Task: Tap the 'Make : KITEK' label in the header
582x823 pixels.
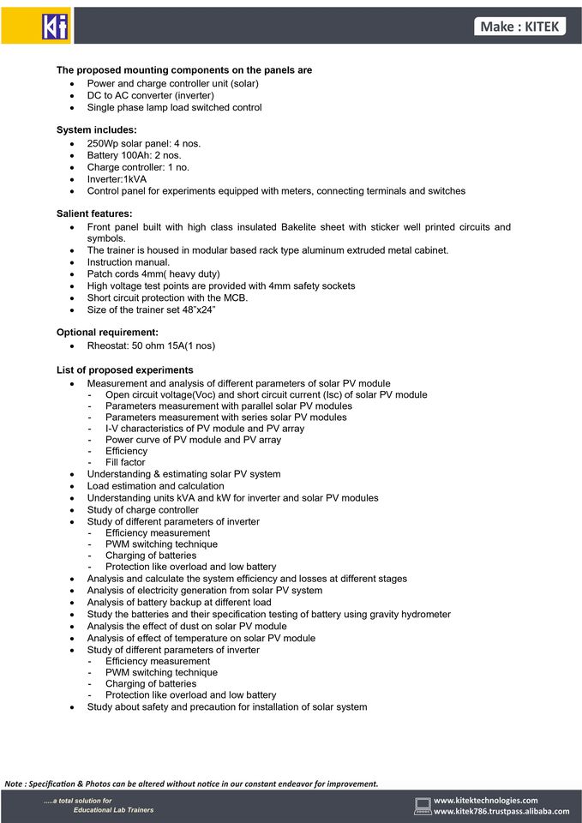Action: point(519,27)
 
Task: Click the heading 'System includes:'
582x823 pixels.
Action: point(97,130)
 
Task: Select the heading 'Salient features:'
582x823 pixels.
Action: point(94,213)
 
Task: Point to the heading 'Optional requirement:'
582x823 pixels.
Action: point(107,333)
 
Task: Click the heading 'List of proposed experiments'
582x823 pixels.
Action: point(125,370)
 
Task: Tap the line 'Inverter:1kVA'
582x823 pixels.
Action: point(117,179)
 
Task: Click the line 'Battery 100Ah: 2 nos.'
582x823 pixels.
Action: point(134,155)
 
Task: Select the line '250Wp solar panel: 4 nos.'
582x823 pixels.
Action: point(144,143)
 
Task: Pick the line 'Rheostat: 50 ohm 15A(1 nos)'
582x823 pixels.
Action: point(151,345)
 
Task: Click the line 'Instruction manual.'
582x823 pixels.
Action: point(129,262)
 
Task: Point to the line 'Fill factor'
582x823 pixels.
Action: point(125,462)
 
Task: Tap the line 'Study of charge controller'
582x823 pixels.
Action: point(142,510)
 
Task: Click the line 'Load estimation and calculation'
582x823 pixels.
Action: point(155,486)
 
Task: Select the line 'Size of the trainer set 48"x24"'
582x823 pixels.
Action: point(151,309)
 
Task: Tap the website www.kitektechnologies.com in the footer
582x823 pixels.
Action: point(486,800)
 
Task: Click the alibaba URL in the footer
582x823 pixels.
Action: point(501,811)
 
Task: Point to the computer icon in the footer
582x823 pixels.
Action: point(423,806)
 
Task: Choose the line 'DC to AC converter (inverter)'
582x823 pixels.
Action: point(151,95)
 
